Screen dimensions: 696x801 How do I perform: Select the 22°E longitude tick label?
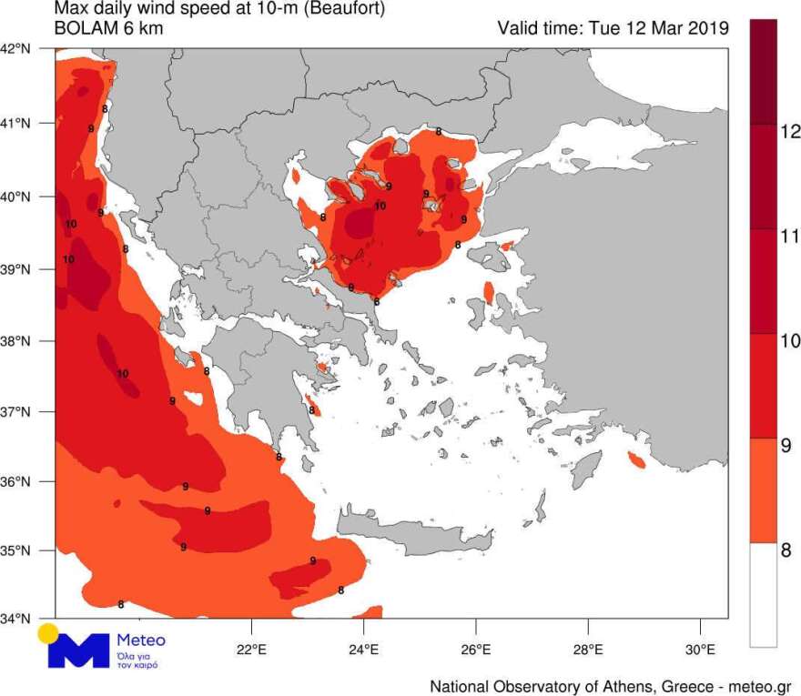[251, 650]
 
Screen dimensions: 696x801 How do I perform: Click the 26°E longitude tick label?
[475, 650]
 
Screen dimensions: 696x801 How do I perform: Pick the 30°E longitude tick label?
[700, 650]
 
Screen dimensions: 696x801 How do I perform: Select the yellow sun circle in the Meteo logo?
[48, 633]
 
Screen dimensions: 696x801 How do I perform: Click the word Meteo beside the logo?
[141, 641]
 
